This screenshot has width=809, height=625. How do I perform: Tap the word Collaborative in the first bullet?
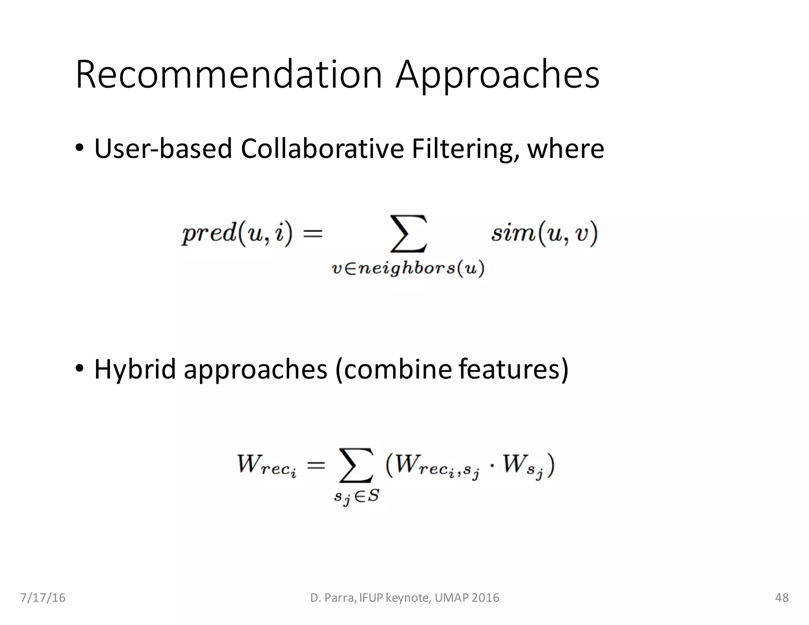322,149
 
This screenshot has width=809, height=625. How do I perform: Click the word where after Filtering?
566,149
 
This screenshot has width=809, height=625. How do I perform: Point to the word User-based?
163,149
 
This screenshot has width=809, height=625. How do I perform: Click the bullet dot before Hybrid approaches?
79,368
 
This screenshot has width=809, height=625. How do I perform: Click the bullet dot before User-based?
79,148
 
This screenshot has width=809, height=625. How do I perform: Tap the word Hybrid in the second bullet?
135,369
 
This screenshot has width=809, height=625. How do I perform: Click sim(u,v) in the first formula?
544,233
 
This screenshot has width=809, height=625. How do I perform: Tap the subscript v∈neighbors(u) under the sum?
408,269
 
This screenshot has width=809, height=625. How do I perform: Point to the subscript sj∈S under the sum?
356,497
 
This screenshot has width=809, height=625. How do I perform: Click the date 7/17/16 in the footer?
43,598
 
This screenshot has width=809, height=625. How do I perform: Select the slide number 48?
782,598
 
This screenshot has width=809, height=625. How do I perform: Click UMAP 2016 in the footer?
467,598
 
